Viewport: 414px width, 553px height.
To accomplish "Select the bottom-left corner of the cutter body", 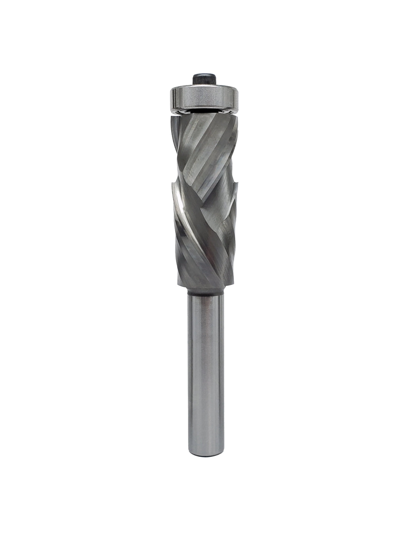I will pyautogui.click(x=177, y=285).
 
